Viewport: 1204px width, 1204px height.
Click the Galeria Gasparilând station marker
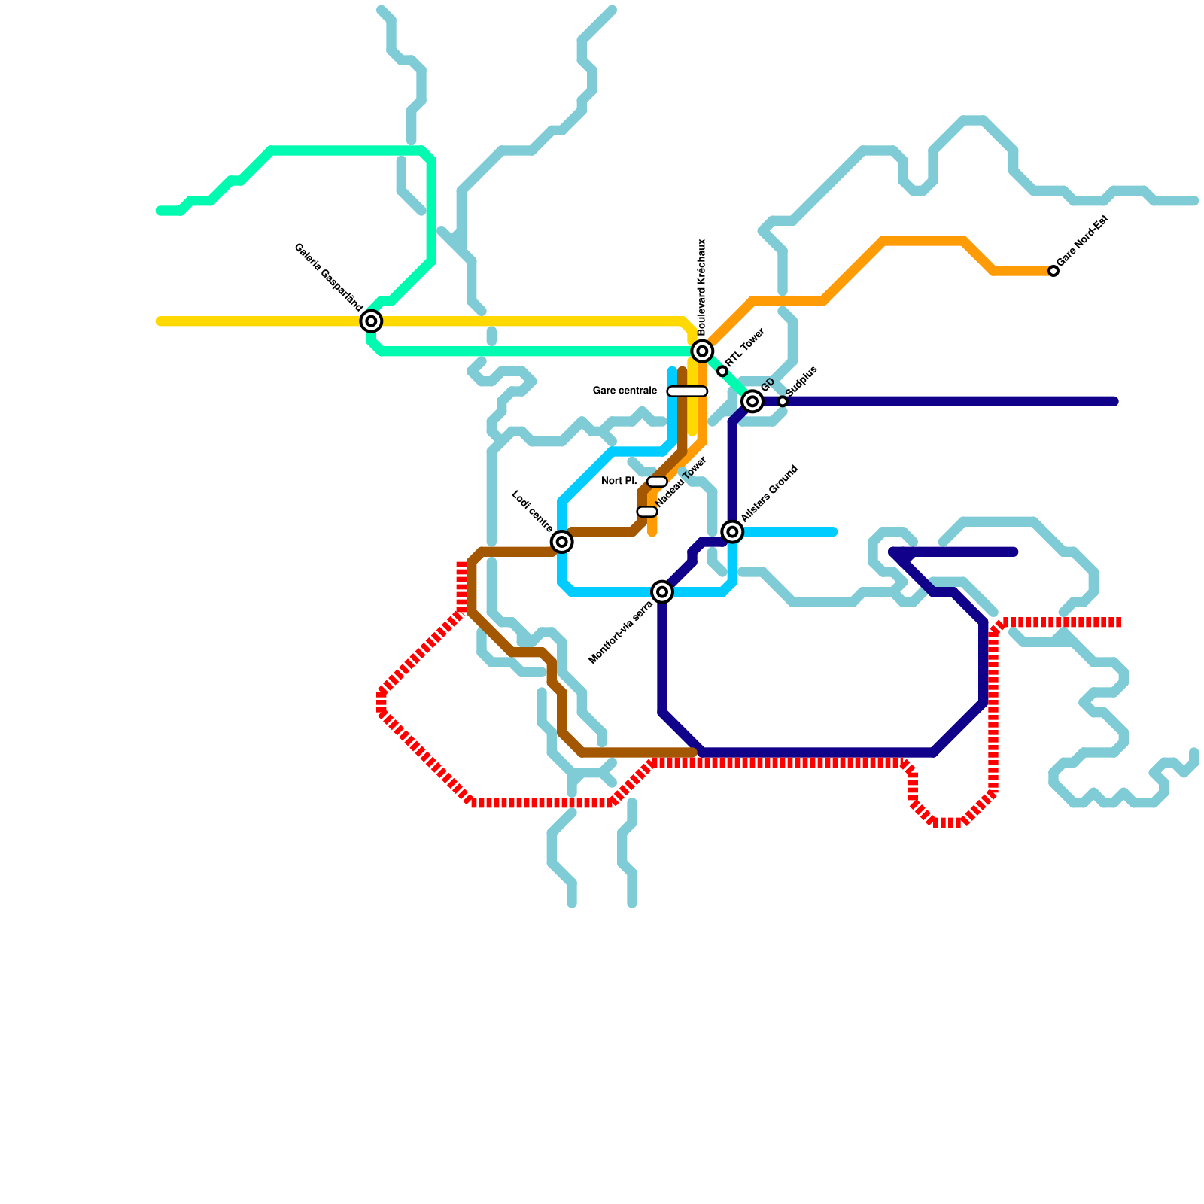[x=371, y=321]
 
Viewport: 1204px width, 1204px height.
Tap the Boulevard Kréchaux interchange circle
[x=702, y=351]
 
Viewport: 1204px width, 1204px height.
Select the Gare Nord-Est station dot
[x=1053, y=271]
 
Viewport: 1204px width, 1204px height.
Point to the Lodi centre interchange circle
[x=561, y=542]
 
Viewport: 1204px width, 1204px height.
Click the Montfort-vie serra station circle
[x=662, y=592]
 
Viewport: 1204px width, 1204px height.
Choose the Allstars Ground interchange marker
[x=732, y=532]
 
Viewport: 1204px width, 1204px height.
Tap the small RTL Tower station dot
[x=722, y=372]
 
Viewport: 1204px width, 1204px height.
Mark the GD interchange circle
[x=752, y=402]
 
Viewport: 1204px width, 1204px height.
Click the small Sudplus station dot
[x=783, y=402]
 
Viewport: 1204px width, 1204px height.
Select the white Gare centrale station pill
[x=687, y=391]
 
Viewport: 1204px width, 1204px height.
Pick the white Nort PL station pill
[x=657, y=482]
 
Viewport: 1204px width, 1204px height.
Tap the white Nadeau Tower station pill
[x=647, y=512]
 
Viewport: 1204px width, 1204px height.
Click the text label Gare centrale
[x=625, y=391]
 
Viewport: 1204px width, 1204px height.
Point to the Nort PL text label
[x=619, y=482]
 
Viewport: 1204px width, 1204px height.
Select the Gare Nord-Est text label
[x=1084, y=241]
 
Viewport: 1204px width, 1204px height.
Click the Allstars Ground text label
[x=769, y=494]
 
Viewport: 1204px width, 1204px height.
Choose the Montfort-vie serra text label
[x=620, y=633]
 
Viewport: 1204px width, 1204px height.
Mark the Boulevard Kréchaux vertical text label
[x=702, y=287]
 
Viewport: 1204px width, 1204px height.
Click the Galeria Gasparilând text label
[x=328, y=277]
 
